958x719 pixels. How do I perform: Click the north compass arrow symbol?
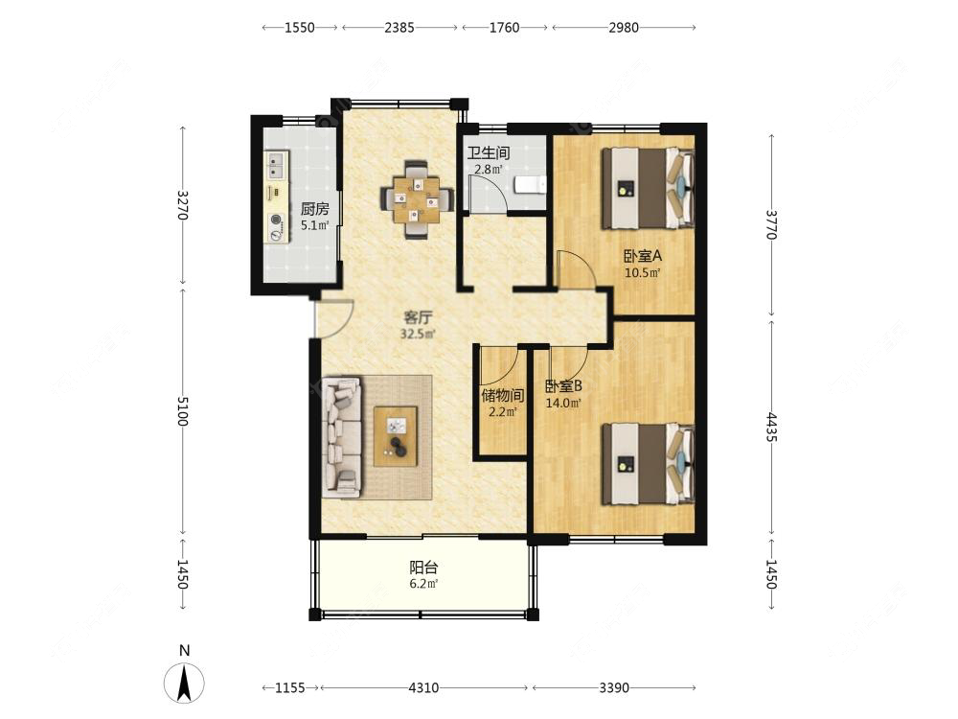tap(184, 682)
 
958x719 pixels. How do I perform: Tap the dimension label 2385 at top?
tap(399, 28)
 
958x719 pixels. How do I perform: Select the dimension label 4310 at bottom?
tap(423, 687)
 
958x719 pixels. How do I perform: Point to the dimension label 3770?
tap(771, 224)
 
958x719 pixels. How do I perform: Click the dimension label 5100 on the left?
tap(183, 410)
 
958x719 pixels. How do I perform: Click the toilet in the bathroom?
tap(530, 184)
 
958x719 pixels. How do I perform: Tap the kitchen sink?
tap(277, 165)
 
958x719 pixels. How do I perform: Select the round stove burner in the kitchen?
tap(277, 220)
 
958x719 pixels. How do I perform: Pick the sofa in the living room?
tap(342, 435)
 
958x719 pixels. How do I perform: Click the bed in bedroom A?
tap(648, 188)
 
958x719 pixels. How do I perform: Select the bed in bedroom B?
tap(648, 464)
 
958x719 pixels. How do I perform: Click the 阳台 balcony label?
tap(423, 568)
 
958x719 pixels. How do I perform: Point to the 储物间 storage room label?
tap(502, 395)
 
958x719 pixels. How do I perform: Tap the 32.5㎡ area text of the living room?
tap(418, 334)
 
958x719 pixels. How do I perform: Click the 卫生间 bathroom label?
tap(489, 152)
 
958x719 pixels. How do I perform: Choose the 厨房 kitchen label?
tap(314, 209)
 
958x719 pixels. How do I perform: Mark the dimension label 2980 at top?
tap(624, 28)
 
